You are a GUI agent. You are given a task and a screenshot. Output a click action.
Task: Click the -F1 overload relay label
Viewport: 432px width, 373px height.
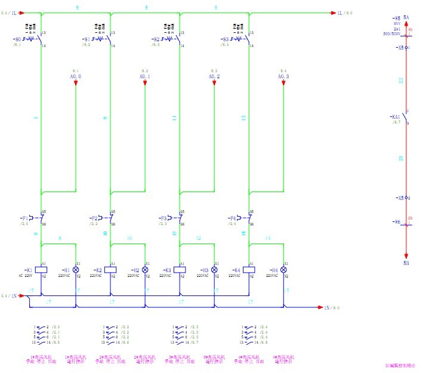(24, 218)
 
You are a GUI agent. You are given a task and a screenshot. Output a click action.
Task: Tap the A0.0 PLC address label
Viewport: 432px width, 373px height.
(76, 76)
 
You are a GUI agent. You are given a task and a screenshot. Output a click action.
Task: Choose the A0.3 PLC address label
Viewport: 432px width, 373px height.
(283, 76)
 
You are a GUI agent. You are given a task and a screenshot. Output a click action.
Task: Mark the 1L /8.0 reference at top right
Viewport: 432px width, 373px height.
(345, 13)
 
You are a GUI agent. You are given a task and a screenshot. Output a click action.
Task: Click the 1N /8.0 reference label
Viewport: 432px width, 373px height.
(331, 307)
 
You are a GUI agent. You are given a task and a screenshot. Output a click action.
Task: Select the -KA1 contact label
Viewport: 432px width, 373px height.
(396, 117)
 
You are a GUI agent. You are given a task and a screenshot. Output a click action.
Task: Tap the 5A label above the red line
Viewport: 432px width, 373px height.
(406, 17)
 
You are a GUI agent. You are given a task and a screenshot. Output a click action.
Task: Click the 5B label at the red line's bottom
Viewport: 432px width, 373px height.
(406, 263)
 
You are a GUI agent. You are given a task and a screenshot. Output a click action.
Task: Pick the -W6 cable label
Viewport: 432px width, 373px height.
(396, 222)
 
